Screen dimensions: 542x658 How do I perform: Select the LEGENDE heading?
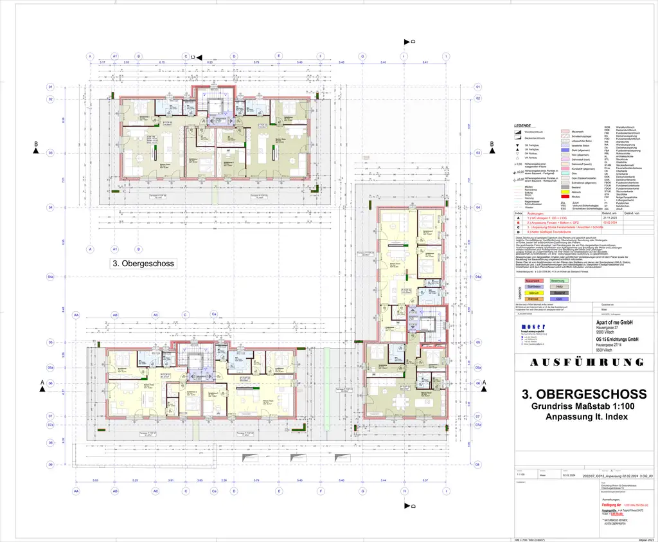(522, 126)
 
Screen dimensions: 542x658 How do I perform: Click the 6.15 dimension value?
(162, 62)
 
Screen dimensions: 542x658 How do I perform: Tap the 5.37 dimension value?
(424, 480)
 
